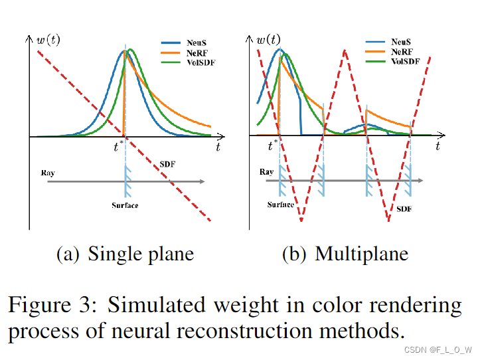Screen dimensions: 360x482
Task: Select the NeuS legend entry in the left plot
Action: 197,41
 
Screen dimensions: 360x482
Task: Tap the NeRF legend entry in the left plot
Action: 197,52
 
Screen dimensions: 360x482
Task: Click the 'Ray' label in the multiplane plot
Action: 266,171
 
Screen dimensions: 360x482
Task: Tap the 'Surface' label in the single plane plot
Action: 125,205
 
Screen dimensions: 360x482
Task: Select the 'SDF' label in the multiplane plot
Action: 404,209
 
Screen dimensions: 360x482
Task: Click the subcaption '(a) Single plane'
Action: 125,254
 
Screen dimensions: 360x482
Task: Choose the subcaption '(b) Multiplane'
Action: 345,254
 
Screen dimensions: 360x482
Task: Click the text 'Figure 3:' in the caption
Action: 53,306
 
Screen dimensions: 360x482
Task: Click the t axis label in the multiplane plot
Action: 438,146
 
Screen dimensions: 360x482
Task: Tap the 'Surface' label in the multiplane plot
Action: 281,205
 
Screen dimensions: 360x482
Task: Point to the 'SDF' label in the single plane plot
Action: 168,164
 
